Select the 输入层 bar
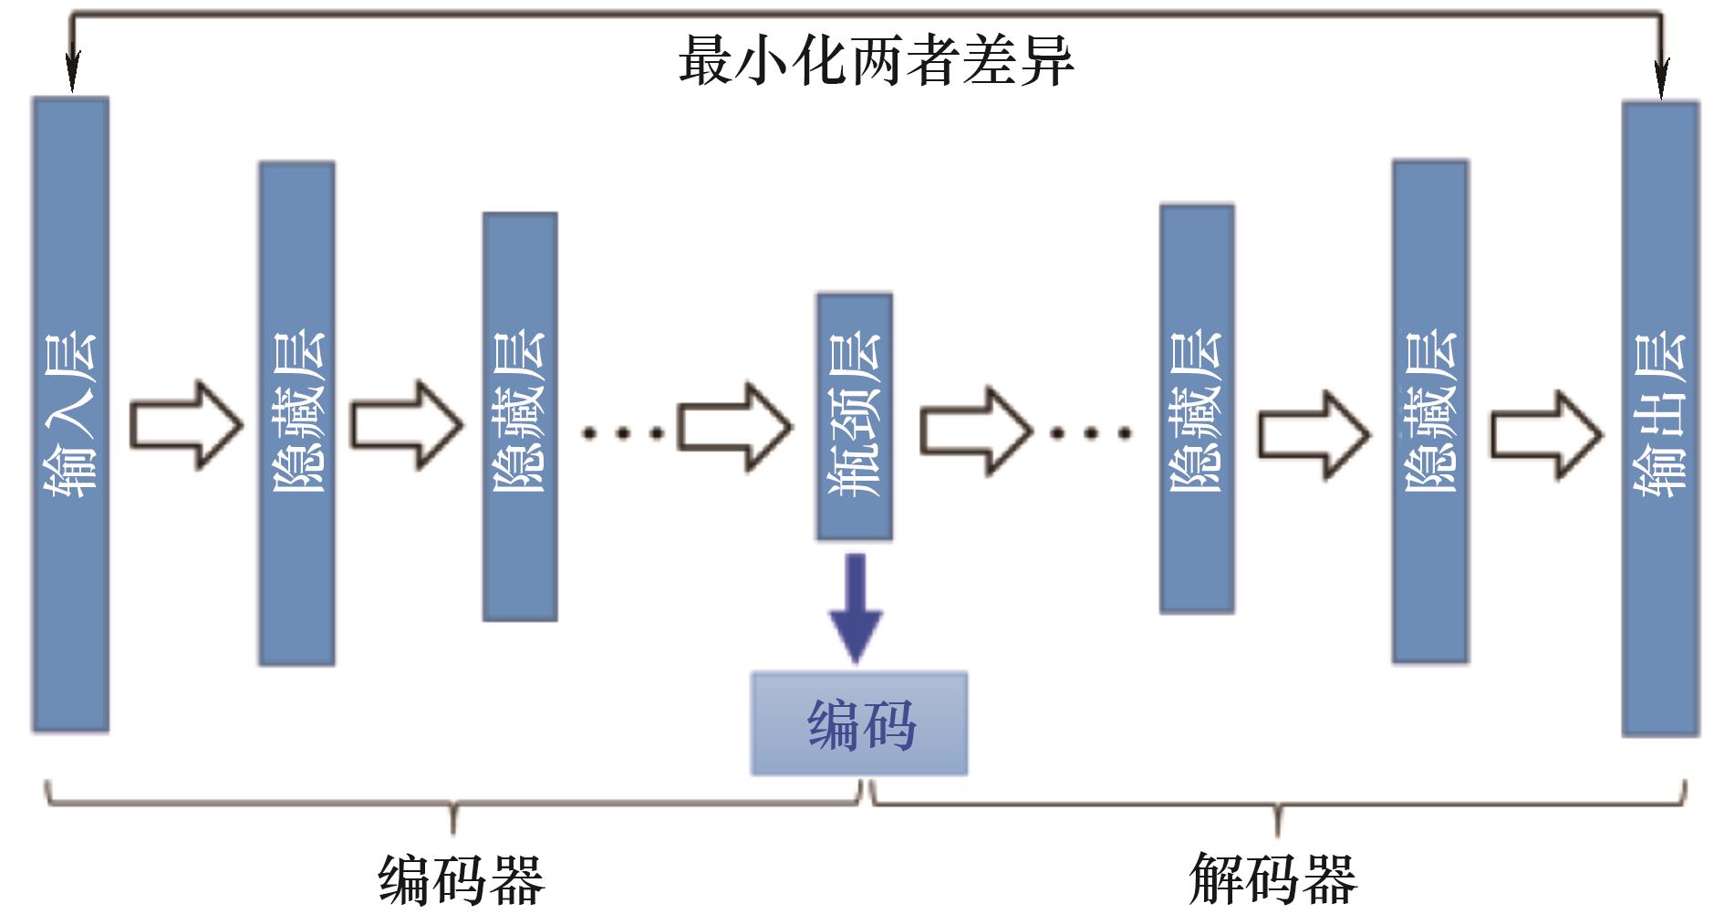(x=71, y=415)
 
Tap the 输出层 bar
(x=1660, y=419)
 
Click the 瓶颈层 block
(x=855, y=417)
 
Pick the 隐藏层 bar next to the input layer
(x=297, y=413)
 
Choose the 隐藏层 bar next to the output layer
(x=1430, y=411)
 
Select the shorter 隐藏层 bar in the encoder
(x=520, y=417)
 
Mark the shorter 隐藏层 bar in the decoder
(x=1198, y=409)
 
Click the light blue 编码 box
(x=859, y=724)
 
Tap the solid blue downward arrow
(x=856, y=608)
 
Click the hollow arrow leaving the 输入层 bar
(x=186, y=426)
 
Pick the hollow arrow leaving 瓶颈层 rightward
(x=976, y=431)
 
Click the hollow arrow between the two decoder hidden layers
(x=1314, y=435)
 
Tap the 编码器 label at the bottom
(x=462, y=879)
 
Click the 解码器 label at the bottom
(x=1273, y=878)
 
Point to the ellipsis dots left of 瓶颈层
(x=623, y=433)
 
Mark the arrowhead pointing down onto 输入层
(x=72, y=71)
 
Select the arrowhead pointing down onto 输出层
(x=1661, y=77)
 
